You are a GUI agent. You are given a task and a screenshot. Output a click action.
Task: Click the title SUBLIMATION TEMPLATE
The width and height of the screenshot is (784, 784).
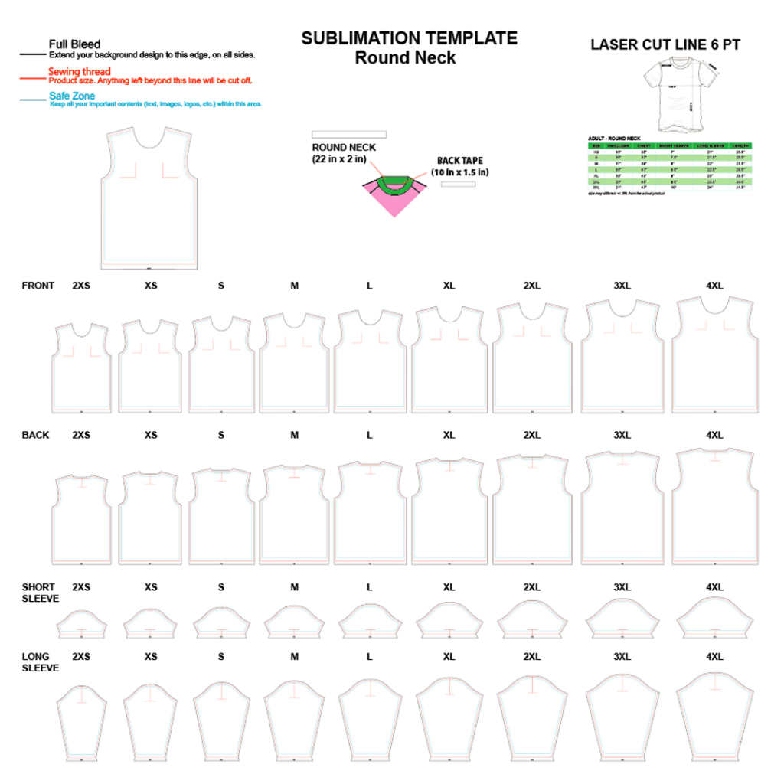pos(409,38)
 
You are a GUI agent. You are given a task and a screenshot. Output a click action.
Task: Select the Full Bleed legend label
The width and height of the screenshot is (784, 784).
pos(74,44)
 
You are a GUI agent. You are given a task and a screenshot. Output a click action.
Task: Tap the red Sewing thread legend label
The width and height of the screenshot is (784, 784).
pos(80,72)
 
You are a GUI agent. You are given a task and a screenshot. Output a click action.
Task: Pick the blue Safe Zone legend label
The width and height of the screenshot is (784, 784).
pos(72,96)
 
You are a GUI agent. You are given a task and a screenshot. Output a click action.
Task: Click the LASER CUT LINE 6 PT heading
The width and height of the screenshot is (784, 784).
pos(665,45)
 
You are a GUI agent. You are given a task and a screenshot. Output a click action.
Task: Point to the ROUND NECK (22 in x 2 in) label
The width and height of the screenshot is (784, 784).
pos(344,153)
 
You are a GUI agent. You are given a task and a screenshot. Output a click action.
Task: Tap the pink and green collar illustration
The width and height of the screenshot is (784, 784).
pos(394,194)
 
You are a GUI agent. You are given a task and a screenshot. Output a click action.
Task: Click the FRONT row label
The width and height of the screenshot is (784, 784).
pos(38,286)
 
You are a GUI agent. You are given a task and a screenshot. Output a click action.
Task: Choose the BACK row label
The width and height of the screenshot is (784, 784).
pos(35,435)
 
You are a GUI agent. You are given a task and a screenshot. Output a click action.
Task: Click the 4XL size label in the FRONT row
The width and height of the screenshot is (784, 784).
pos(714,286)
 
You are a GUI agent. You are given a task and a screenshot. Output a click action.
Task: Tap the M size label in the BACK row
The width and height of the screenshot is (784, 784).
pos(294,435)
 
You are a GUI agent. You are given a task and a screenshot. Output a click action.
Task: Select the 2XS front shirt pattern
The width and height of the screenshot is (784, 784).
pos(81,367)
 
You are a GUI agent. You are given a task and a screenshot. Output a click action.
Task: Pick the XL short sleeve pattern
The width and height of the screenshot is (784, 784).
pos(449,620)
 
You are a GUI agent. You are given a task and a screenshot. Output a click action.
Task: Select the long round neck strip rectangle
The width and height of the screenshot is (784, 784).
pos(348,135)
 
